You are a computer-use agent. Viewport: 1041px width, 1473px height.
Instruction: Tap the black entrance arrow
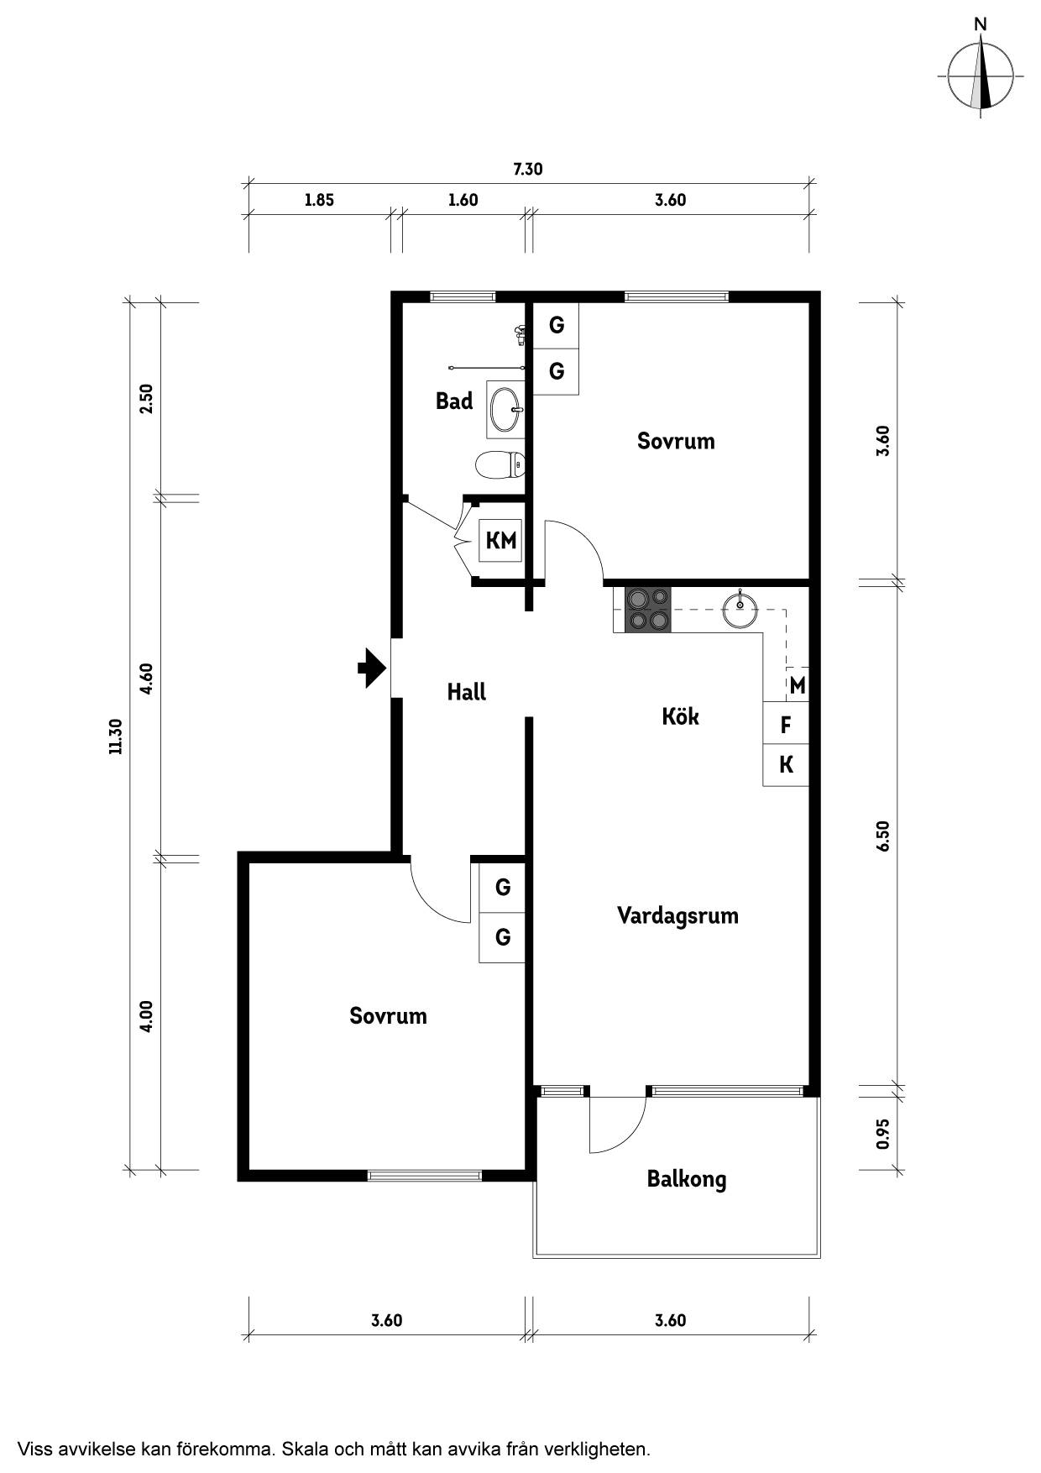pyautogui.click(x=372, y=668)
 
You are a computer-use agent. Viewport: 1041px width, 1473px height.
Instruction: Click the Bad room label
pyautogui.click(x=454, y=401)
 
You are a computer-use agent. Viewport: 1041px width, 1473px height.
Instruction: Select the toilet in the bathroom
pyautogui.click(x=500, y=464)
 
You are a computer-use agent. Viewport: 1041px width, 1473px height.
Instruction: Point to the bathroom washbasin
pyautogui.click(x=506, y=410)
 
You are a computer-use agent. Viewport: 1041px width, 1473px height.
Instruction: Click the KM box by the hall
pyautogui.click(x=501, y=540)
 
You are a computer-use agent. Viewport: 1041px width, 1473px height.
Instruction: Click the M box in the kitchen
pyautogui.click(x=797, y=685)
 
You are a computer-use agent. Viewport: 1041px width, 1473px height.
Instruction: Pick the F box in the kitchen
pyautogui.click(x=786, y=724)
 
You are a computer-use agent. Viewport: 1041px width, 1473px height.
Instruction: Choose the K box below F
pyautogui.click(x=786, y=765)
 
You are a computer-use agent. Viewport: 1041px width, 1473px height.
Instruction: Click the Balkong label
pyautogui.click(x=686, y=1180)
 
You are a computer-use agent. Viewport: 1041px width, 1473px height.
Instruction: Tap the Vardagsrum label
pyautogui.click(x=677, y=915)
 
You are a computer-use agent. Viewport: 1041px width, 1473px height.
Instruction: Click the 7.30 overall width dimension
pyautogui.click(x=528, y=169)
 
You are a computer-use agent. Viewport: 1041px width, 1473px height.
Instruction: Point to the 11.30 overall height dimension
pyautogui.click(x=116, y=736)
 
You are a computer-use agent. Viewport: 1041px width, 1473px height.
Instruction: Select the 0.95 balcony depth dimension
pyautogui.click(x=882, y=1135)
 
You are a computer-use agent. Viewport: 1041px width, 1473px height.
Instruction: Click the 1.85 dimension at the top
pyautogui.click(x=319, y=200)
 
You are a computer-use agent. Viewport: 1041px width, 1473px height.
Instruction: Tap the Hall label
pyautogui.click(x=466, y=692)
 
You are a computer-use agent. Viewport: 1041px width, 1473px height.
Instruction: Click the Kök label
pyautogui.click(x=680, y=716)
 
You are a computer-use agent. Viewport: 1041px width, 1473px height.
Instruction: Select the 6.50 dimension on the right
pyautogui.click(x=882, y=836)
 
